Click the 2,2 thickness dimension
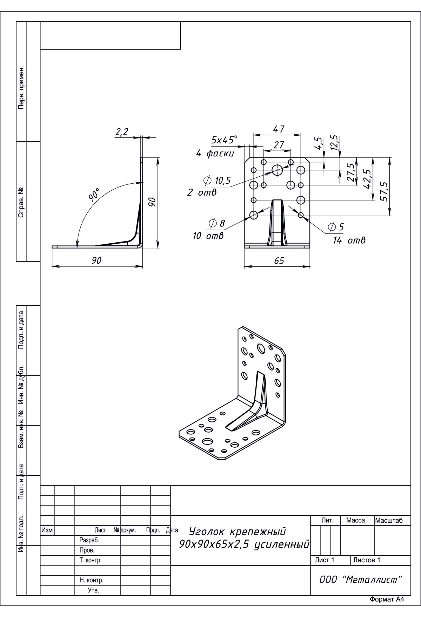pyautogui.click(x=122, y=132)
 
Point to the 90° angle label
pyautogui.click(x=94, y=194)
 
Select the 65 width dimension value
pyautogui.click(x=279, y=260)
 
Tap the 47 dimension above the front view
pyautogui.click(x=279, y=129)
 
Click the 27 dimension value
pyautogui.click(x=279, y=145)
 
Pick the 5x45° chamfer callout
pyautogui.click(x=224, y=140)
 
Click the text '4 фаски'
pyautogui.click(x=215, y=154)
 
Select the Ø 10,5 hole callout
pyautogui.click(x=217, y=181)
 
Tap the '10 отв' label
pyautogui.click(x=208, y=236)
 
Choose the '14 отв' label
pyautogui.click(x=349, y=240)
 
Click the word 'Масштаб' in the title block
pyautogui.click(x=388, y=520)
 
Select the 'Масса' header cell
pyautogui.click(x=355, y=520)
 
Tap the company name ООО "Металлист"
pyautogui.click(x=360, y=579)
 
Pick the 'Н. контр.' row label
pyautogui.click(x=91, y=580)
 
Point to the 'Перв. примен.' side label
pyautogui.click(x=21, y=87)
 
